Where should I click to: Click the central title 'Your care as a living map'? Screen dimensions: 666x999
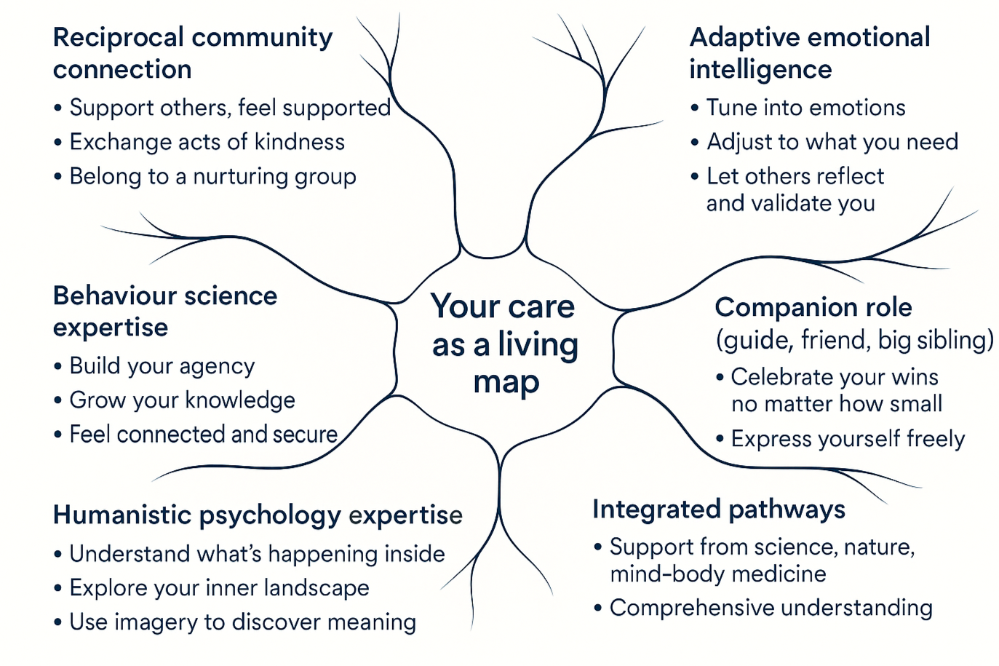pyautogui.click(x=504, y=344)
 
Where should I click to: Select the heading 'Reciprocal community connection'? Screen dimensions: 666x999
pyautogui.click(x=192, y=53)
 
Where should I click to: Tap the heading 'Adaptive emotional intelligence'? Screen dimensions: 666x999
pyautogui.click(x=809, y=53)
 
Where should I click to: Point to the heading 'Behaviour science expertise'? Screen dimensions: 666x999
pyautogui.click(x=164, y=311)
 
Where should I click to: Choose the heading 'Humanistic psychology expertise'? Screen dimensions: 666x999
pyautogui.click(x=258, y=515)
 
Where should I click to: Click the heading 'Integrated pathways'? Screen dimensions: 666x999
pyautogui.click(x=718, y=509)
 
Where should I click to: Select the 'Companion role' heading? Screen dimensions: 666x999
pyautogui.click(x=813, y=307)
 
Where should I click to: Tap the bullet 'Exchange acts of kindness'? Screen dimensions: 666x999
pyautogui.click(x=207, y=142)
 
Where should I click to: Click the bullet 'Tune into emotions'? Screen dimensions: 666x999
pyautogui.click(x=805, y=108)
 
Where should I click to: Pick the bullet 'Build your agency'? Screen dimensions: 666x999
pyautogui.click(x=162, y=366)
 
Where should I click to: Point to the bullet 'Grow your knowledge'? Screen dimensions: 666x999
pyautogui.click(x=182, y=400)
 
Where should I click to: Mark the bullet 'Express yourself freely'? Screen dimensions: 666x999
pyautogui.click(x=848, y=439)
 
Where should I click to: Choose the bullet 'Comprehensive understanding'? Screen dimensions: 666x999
pyautogui.click(x=771, y=608)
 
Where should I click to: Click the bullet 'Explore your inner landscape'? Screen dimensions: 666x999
pyautogui.click(x=219, y=588)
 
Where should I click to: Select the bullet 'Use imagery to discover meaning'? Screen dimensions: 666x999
pyautogui.click(x=242, y=622)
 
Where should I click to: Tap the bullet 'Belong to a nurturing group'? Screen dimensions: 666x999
pyautogui.click(x=212, y=177)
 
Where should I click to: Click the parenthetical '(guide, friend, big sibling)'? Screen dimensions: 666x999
pyautogui.click(x=854, y=340)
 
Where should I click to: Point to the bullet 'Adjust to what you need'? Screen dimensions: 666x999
pyautogui.click(x=832, y=142)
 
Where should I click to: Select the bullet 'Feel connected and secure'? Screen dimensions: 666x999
pyautogui.click(x=203, y=435)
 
